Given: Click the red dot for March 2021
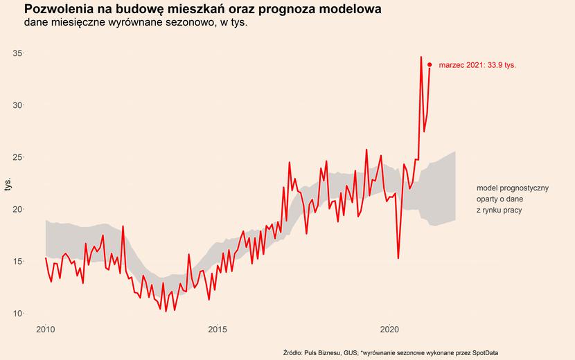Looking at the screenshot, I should pyautogui.click(x=430, y=65).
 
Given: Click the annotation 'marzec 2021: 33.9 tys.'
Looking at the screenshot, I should pyautogui.click(x=477, y=65).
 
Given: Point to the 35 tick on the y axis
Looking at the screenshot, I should pyautogui.click(x=18, y=53).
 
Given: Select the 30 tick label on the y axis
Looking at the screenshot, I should pyautogui.click(x=18, y=105).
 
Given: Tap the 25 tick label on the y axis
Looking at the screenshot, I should pyautogui.click(x=18, y=157).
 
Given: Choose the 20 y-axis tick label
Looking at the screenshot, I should pyautogui.click(x=18, y=209).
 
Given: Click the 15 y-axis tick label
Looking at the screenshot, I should pyautogui.click(x=18, y=261).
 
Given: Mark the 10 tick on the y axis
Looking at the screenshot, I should pyautogui.click(x=18, y=313).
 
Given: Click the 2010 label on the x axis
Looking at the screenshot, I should pyautogui.click(x=46, y=328).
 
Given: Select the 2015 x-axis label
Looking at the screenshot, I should pyautogui.click(x=218, y=328).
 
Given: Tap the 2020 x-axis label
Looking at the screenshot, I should pyautogui.click(x=390, y=328).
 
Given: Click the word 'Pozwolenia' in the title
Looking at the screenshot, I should pyautogui.click(x=60, y=10).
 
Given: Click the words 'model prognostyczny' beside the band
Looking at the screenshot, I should pyautogui.click(x=513, y=188).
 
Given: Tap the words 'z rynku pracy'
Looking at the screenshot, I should pyautogui.click(x=499, y=210).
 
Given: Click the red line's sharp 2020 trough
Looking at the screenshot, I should pyautogui.click(x=398, y=258).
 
